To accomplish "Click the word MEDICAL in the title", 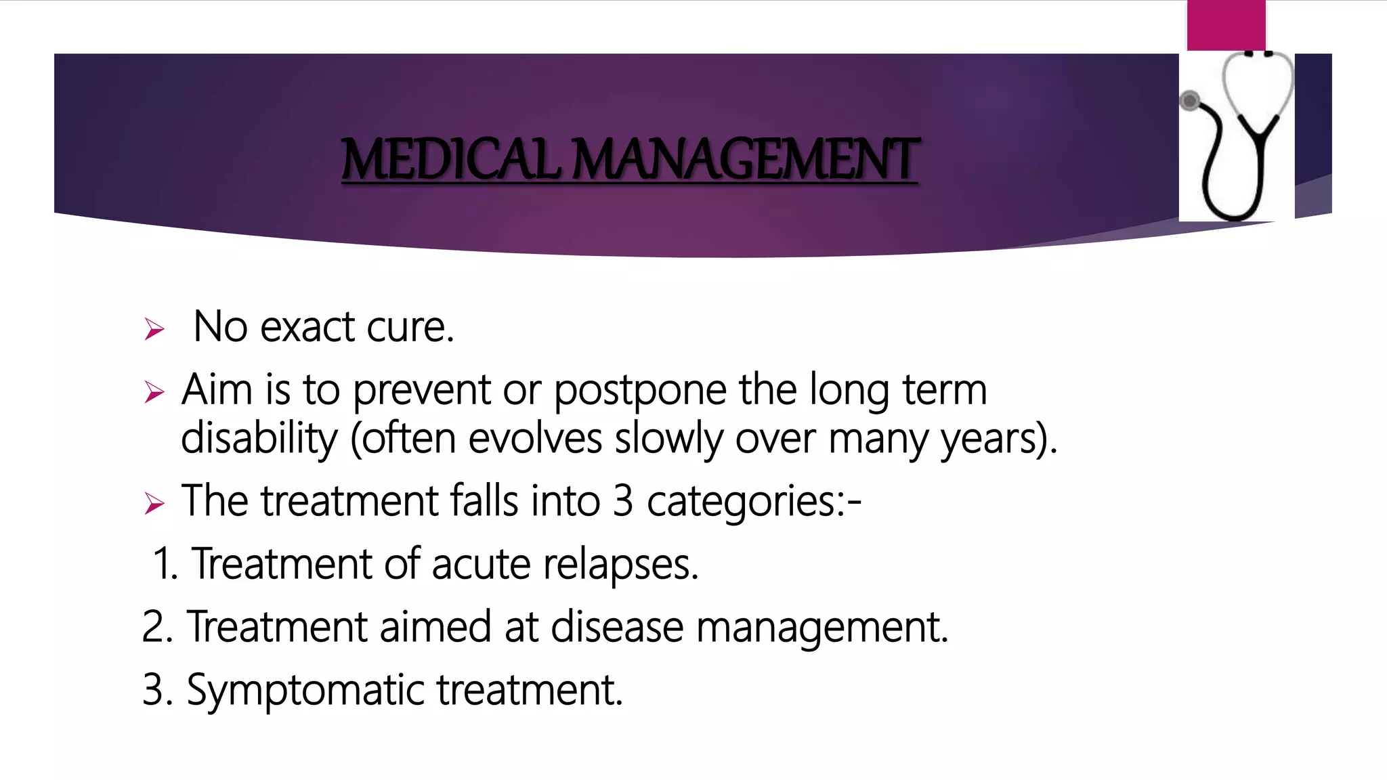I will tap(450, 160).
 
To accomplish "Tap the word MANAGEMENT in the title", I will tap(745, 160).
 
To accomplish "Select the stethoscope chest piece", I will tap(1190, 102).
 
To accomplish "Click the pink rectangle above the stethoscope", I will tap(1226, 25).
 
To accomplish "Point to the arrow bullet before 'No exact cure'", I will tap(154, 330).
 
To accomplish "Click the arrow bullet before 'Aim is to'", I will tap(154, 392).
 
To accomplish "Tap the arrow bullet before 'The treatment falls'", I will tap(154, 503).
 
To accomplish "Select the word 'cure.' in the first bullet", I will tap(410, 327).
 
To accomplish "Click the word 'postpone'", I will tap(640, 391).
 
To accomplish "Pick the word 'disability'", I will tap(259, 438).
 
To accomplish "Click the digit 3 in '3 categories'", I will tap(623, 501).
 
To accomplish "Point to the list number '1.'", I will tap(165, 564).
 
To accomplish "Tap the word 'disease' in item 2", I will tap(617, 627).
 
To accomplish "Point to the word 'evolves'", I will tap(535, 438).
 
